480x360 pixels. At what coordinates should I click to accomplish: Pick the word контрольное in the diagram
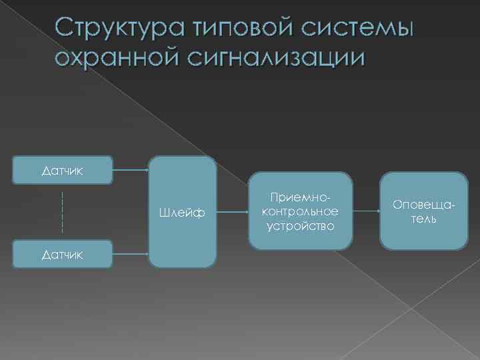click(300, 212)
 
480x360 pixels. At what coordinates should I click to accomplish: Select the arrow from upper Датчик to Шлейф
click(130, 171)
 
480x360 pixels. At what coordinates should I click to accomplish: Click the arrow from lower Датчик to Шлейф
click(130, 253)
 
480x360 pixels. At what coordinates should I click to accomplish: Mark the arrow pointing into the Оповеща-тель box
click(365, 211)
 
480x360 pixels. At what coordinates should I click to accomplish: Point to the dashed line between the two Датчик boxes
click(62, 212)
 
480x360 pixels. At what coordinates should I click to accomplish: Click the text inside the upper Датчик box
click(63, 171)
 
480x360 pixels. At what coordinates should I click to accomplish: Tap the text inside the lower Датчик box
click(63, 254)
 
